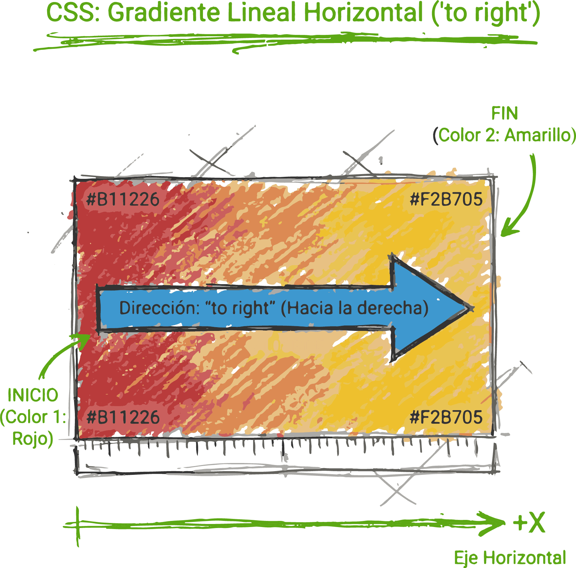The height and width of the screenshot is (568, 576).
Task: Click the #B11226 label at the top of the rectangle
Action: pos(123,199)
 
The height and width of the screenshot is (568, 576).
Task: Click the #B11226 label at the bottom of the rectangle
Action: pos(123,417)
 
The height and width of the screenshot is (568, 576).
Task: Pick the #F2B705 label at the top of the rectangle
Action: pos(446,199)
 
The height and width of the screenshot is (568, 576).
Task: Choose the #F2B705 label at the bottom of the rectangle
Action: pos(446,417)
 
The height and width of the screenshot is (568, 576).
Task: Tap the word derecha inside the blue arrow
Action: pos(390,308)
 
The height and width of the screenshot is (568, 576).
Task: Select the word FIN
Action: pos(505,113)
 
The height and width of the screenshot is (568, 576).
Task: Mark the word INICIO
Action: pos(33,395)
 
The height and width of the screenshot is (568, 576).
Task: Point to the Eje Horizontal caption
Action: pos(510,558)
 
